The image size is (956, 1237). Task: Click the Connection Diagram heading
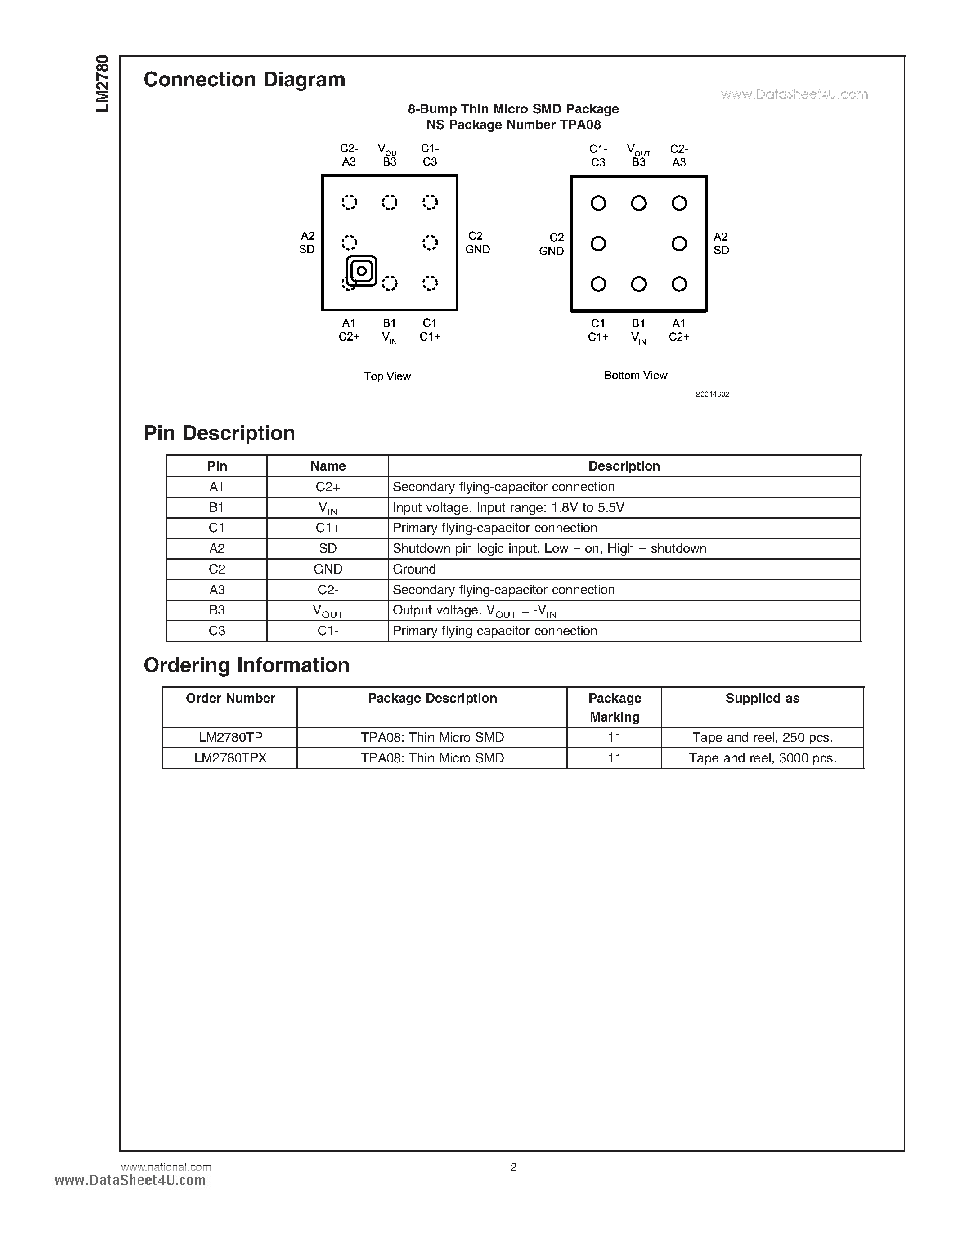point(244,80)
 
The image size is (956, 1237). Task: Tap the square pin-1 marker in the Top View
point(361,271)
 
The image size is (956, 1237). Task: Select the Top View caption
point(387,376)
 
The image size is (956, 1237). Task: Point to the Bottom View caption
point(635,375)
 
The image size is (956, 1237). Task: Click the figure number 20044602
point(712,394)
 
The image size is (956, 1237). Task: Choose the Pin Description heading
point(219,433)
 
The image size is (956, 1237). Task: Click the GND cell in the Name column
point(328,569)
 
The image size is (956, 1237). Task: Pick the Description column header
point(624,466)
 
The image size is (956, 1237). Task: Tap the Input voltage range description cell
point(508,507)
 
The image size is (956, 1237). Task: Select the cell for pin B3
point(217,610)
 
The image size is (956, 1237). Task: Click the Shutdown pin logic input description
point(549,548)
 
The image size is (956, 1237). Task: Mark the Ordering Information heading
point(247,665)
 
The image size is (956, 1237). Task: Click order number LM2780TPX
point(230,758)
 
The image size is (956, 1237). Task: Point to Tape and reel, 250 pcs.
point(762,737)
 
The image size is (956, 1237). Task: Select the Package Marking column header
point(615,708)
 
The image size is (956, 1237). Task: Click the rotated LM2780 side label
point(102,83)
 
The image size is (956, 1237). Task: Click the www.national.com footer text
point(166,1167)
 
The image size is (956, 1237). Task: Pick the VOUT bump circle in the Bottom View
point(639,203)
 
